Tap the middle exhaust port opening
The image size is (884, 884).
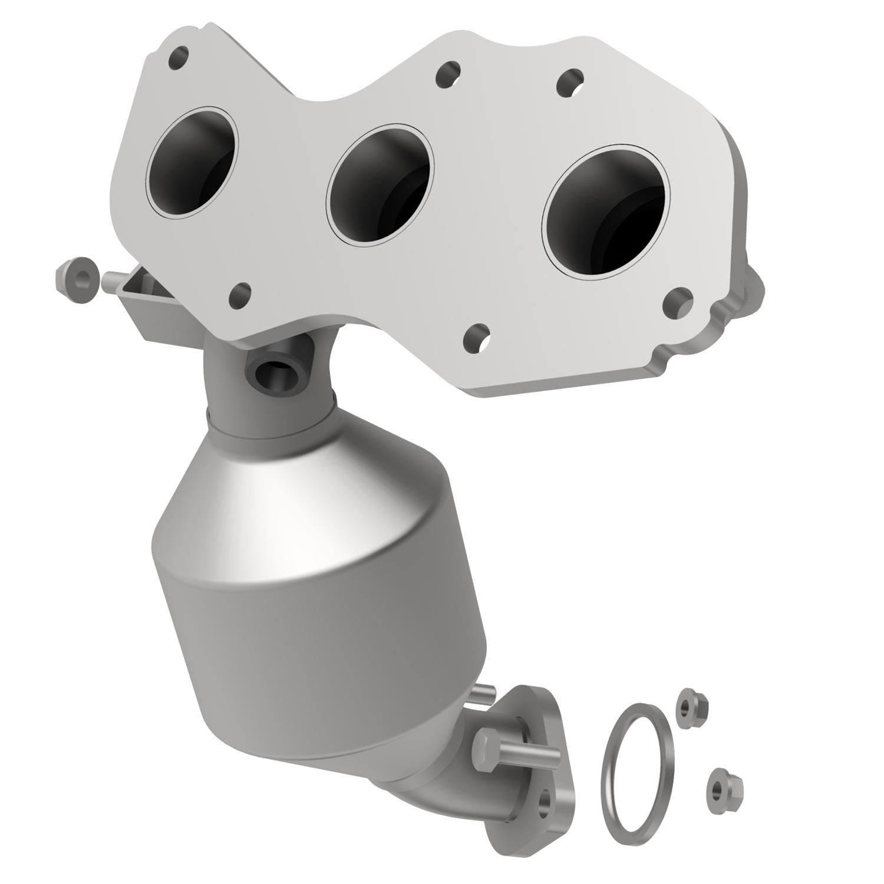[380, 183]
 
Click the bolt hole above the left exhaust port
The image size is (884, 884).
[179, 57]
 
